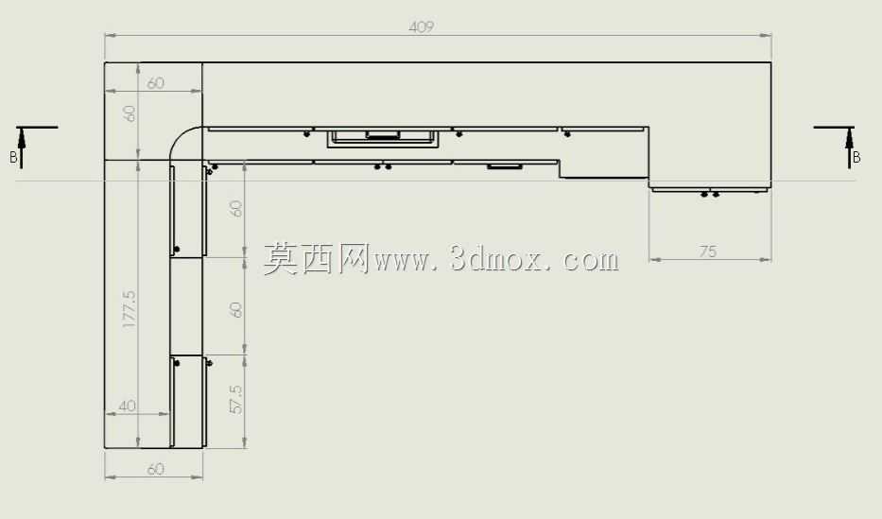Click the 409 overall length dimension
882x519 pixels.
pyautogui.click(x=422, y=26)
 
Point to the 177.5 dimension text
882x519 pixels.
pyautogui.click(x=129, y=309)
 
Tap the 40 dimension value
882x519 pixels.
pyautogui.click(x=127, y=406)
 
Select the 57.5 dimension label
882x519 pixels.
pyautogui.click(x=236, y=399)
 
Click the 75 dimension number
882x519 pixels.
pyautogui.click(x=708, y=251)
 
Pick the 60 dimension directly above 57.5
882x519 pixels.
pyautogui.click(x=236, y=310)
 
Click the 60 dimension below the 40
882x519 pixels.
pyautogui.click(x=155, y=469)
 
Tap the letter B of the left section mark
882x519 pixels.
pyautogui.click(x=13, y=158)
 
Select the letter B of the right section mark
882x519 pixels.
pyautogui.click(x=856, y=158)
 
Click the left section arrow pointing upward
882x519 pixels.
pyautogui.click(x=22, y=147)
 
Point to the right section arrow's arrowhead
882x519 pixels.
pyautogui.click(x=849, y=138)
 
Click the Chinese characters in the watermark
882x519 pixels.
pyautogui.click(x=316, y=259)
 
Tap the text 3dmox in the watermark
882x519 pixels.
pyautogui.click(x=495, y=259)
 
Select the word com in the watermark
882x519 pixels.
pyautogui.click(x=591, y=261)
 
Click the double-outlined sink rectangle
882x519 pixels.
pyautogui.click(x=383, y=138)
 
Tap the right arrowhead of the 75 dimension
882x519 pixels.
pyautogui.click(x=766, y=260)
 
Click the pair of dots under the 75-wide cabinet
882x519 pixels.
pyautogui.click(x=709, y=195)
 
